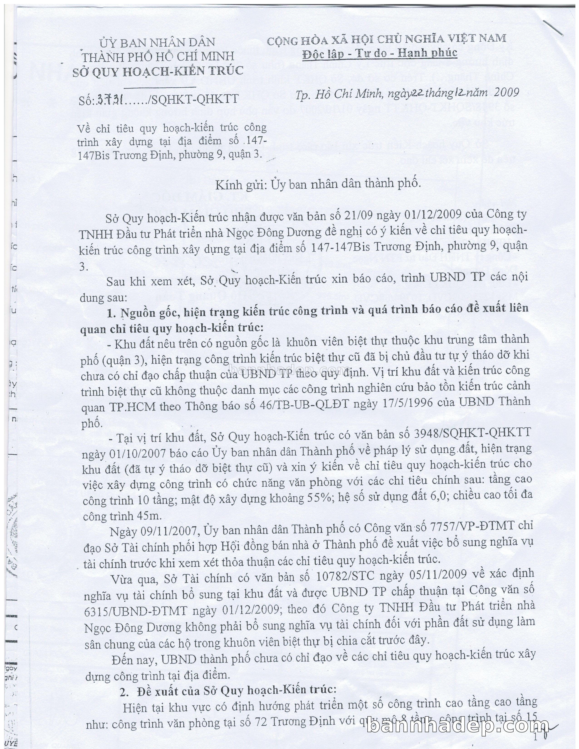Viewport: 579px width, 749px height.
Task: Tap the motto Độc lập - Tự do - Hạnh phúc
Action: pos(380,52)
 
